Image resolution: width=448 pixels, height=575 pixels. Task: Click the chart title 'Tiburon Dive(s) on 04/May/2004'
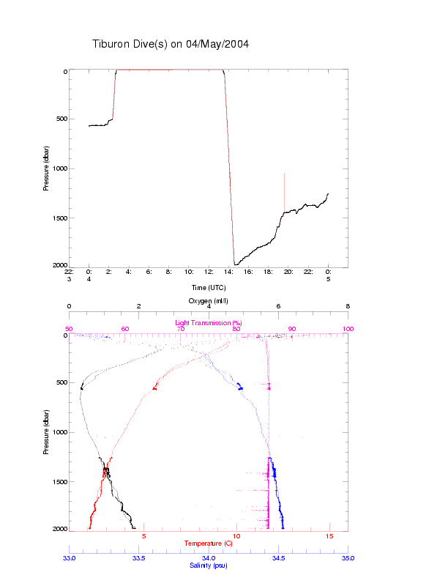point(171,44)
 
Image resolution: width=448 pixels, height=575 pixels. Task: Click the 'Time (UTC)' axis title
point(208,288)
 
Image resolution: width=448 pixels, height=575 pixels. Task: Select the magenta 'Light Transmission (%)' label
point(209,322)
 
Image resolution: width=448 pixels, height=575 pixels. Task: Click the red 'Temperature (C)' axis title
point(208,544)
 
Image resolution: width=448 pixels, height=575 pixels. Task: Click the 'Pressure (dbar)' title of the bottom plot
point(46,432)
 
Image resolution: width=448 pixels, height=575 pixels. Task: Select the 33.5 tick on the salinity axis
point(138,557)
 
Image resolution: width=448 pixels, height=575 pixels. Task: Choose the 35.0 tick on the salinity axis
point(348,557)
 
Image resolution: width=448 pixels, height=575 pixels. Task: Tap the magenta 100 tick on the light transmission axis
point(348,329)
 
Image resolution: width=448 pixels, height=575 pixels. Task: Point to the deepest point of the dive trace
point(234,264)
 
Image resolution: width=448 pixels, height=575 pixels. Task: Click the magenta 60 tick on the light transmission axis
point(124,329)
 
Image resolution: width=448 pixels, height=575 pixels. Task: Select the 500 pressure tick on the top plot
point(60,119)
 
